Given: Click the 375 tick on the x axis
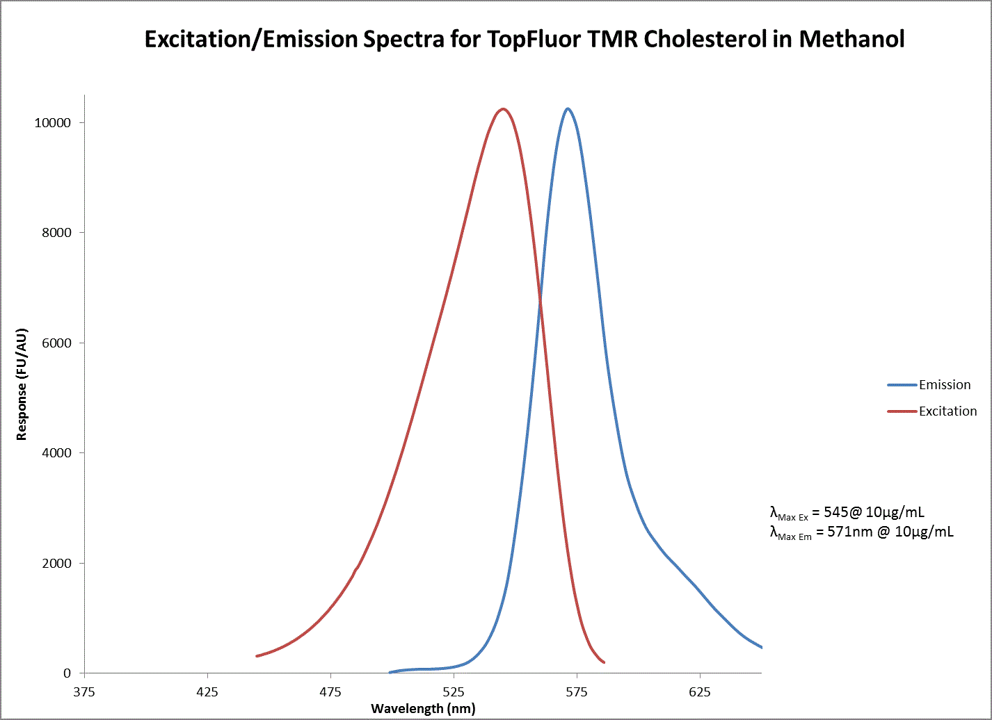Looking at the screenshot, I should point(84,692).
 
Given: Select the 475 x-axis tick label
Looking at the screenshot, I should point(330,692).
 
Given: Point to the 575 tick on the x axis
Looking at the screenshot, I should point(577,692).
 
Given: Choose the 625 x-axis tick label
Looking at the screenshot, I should point(700,692).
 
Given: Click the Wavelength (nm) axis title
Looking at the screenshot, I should point(423,709).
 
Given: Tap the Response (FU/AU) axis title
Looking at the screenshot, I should point(22,384).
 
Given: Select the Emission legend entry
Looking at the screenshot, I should point(944,385).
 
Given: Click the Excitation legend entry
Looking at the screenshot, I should point(947,411).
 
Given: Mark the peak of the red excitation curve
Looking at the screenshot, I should point(502,109).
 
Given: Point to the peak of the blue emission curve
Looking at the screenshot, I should point(568,109).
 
